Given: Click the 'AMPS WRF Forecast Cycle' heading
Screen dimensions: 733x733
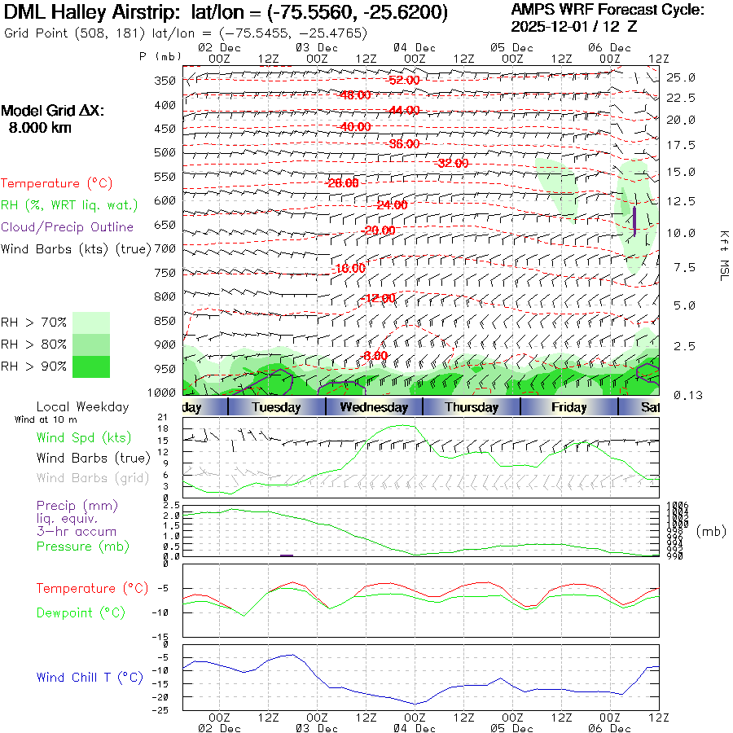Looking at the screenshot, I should pyautogui.click(x=608, y=10).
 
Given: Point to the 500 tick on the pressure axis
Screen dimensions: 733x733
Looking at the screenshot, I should pyautogui.click(x=165, y=152).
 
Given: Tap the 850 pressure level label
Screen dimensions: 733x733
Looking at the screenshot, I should pyautogui.click(x=165, y=321).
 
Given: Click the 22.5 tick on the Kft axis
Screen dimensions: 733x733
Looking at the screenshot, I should pyautogui.click(x=681, y=98).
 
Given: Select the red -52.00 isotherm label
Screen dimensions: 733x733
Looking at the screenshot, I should pyautogui.click(x=404, y=81).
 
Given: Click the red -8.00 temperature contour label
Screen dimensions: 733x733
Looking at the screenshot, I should pyautogui.click(x=375, y=356).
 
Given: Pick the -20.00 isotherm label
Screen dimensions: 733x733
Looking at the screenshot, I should pyautogui.click(x=378, y=230).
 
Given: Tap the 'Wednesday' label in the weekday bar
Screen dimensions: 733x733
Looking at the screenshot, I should pyautogui.click(x=374, y=407).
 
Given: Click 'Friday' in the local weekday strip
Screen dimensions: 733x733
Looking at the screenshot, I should pyautogui.click(x=568, y=407).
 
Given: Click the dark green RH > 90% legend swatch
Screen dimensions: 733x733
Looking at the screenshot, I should pyautogui.click(x=90, y=366).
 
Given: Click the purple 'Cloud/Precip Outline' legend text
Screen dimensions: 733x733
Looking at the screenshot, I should pyautogui.click(x=68, y=227).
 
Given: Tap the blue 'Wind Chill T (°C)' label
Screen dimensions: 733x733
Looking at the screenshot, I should pyautogui.click(x=90, y=678).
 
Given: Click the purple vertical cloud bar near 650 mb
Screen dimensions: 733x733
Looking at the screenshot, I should pyautogui.click(x=634, y=221).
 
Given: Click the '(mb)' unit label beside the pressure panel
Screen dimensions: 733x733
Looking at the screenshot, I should pyautogui.click(x=711, y=530).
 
